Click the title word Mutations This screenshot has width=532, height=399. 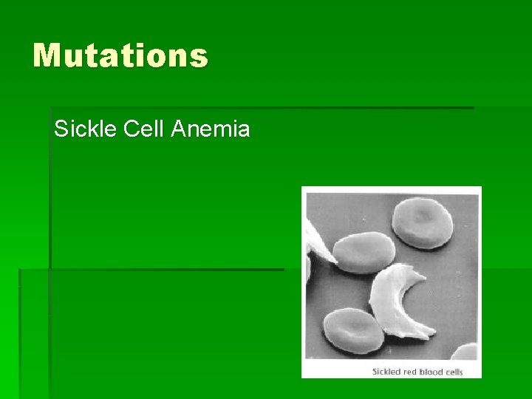(120, 55)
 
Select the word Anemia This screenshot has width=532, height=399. (211, 130)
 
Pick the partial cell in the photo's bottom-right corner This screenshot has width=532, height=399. (465, 351)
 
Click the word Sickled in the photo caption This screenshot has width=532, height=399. (386, 371)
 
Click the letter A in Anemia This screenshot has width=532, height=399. (178, 130)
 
